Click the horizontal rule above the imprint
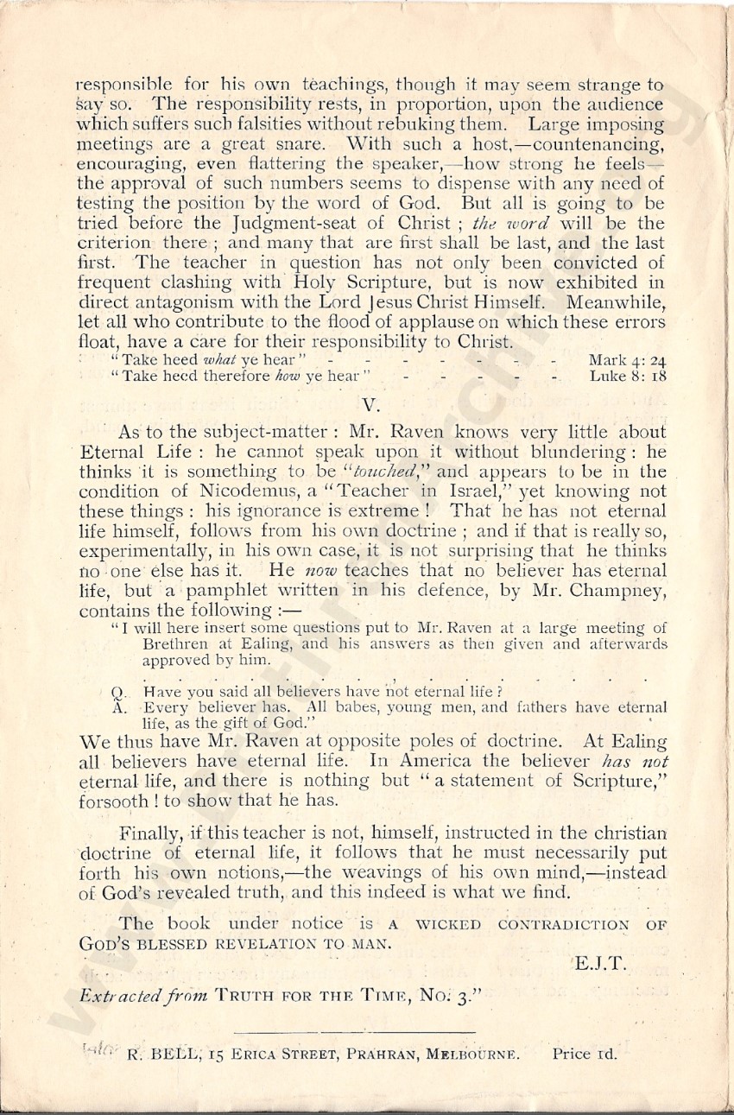(353, 1030)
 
